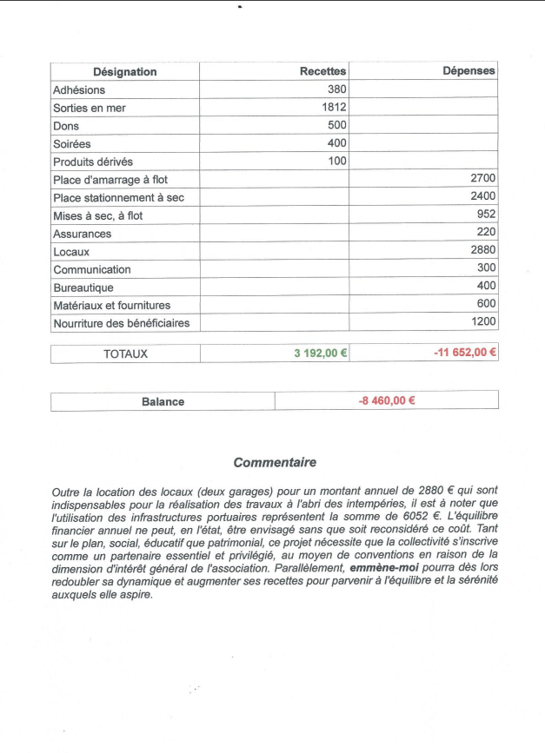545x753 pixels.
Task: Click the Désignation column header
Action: tap(125, 72)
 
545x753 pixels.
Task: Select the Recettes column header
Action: tap(322, 71)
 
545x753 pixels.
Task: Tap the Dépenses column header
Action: tap(469, 71)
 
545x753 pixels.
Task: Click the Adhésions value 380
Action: tap(337, 89)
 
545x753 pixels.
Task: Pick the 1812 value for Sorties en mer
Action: tap(334, 108)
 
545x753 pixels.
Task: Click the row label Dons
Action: tap(66, 126)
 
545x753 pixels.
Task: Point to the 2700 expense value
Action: tap(482, 179)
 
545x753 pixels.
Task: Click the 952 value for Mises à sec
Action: tap(486, 215)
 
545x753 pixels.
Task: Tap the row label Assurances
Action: tap(82, 234)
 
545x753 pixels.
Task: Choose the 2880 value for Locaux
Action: tap(482, 250)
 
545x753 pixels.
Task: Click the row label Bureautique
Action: tap(83, 287)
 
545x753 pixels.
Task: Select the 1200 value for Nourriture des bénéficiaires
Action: tap(482, 321)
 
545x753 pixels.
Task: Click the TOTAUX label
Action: tap(126, 353)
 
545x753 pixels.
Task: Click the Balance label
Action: tap(163, 401)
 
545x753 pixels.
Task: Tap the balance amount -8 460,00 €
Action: tap(387, 400)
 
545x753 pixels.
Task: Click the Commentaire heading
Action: tap(275, 463)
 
